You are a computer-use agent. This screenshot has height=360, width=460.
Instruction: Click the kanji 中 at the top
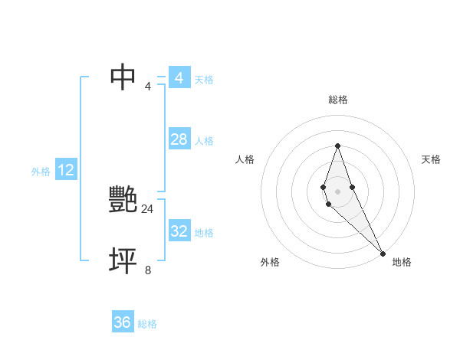(123, 77)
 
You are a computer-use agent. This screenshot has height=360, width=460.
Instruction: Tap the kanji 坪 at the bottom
(123, 261)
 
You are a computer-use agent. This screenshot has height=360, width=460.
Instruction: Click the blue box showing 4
(179, 78)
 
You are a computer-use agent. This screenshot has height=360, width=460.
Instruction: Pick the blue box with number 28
(179, 139)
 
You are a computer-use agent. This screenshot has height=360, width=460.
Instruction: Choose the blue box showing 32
(179, 231)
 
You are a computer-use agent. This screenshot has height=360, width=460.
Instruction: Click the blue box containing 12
(66, 170)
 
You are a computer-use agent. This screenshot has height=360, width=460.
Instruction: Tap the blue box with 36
(123, 322)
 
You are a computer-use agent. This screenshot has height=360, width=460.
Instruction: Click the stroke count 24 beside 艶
(147, 208)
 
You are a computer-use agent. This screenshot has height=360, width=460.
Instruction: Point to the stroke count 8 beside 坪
(148, 270)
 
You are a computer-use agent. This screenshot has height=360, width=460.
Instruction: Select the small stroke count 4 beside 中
(148, 86)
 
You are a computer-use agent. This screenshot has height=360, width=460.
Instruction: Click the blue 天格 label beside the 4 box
(204, 80)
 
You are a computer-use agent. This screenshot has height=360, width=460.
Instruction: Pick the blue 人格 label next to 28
(204, 141)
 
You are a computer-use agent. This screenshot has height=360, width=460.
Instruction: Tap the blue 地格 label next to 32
(204, 233)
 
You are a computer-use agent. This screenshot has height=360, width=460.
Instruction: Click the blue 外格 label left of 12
(41, 172)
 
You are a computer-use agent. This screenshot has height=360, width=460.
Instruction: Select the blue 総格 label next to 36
(147, 324)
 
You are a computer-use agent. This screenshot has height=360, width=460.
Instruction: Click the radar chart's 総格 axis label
(338, 100)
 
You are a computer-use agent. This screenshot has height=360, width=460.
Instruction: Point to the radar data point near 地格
(383, 253)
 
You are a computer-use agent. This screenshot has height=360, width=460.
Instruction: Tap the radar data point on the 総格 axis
(338, 146)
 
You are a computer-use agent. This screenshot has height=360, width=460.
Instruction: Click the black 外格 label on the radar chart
(270, 262)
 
